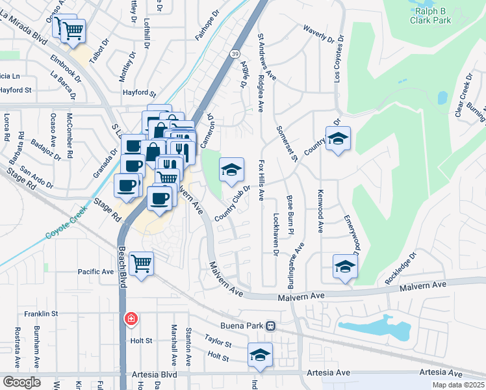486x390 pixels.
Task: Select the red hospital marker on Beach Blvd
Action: [131, 318]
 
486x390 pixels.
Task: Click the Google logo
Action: [21, 382]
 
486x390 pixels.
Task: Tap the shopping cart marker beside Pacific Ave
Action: [141, 263]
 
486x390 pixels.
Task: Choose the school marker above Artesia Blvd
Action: [260, 355]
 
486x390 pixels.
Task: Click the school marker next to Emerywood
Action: [345, 266]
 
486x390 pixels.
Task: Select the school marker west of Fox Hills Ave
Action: [231, 170]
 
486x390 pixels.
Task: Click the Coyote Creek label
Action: [64, 228]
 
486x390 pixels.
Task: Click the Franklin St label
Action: [42, 313]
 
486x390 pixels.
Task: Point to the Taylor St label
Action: [218, 341]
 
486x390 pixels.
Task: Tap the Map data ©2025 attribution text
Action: [458, 385]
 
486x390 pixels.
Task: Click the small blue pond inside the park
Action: [442, 97]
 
